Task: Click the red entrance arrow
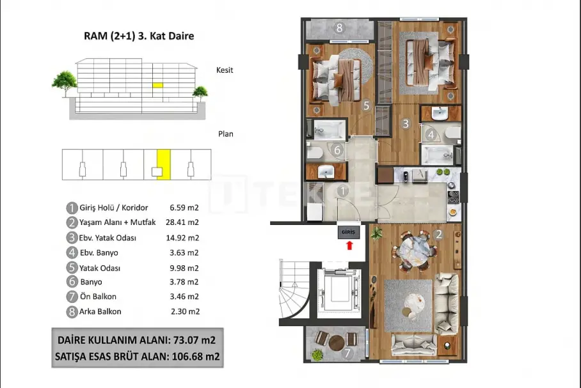[x=349, y=245]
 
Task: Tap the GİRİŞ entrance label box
[x=348, y=233]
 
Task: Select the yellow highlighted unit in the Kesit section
[x=158, y=85]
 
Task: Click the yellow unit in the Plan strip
[x=164, y=165]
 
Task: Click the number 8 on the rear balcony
[x=339, y=27]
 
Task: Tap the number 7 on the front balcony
[x=347, y=353]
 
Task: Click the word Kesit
[x=225, y=70]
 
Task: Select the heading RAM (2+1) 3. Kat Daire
[x=139, y=36]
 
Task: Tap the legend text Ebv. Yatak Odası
[x=107, y=238]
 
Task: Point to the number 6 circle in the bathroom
[x=337, y=150]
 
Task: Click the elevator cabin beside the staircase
[x=339, y=290]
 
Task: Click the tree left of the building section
[x=65, y=83]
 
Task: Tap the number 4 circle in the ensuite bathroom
[x=431, y=135]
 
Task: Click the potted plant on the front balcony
[x=317, y=355]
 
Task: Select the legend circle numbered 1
[x=72, y=208]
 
